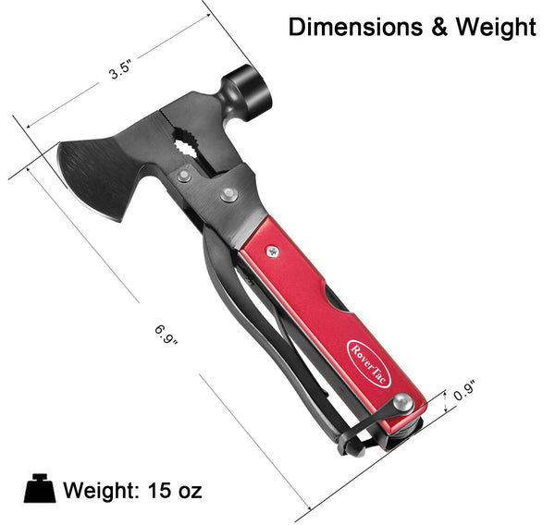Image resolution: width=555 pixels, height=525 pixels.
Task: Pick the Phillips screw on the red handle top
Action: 272,250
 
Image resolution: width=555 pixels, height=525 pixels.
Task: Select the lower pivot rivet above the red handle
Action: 228,195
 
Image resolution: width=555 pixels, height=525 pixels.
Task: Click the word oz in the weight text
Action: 189,489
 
